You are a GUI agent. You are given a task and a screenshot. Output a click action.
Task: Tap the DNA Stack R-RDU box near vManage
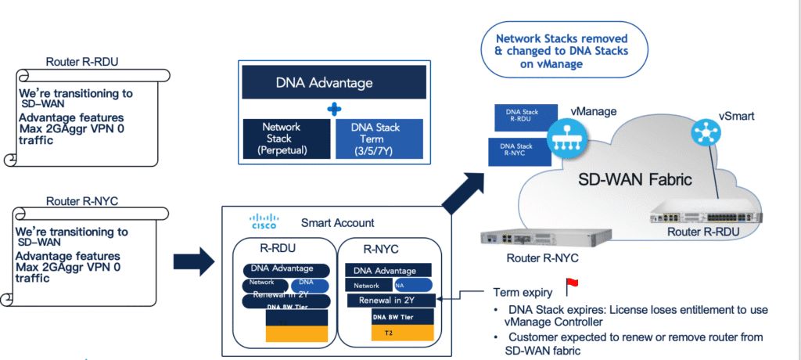[525, 118]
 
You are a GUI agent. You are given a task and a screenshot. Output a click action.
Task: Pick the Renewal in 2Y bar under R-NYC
[390, 300]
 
